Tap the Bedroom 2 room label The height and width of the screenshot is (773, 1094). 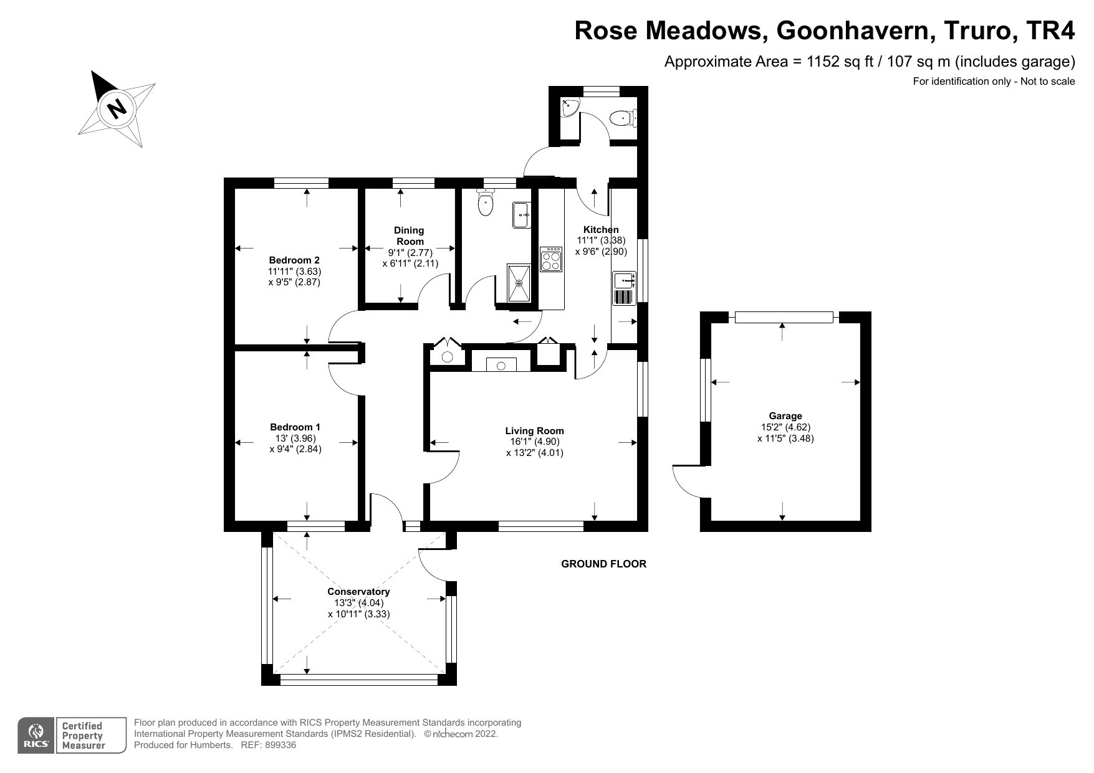(x=294, y=260)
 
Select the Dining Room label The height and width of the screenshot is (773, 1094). (x=410, y=235)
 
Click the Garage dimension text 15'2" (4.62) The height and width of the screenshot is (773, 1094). (x=785, y=427)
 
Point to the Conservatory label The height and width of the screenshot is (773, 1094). (x=358, y=591)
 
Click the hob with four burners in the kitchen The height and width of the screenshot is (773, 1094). (x=552, y=259)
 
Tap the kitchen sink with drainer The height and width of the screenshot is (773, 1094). (x=623, y=288)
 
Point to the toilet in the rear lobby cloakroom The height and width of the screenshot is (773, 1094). (x=621, y=117)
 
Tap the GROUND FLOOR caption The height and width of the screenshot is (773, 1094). (x=603, y=564)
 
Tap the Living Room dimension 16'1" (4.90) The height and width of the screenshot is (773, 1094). (x=534, y=442)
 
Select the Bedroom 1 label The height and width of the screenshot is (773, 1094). (x=295, y=427)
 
